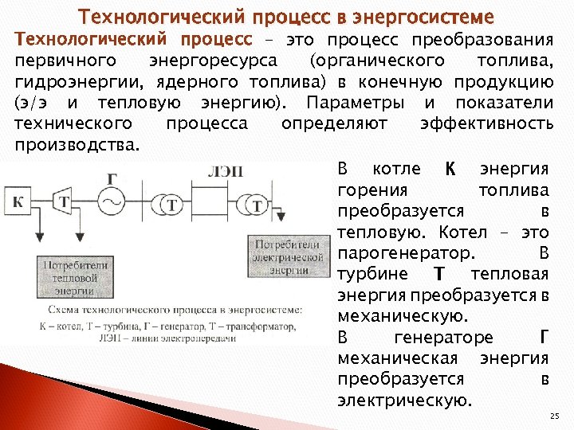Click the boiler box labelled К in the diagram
pos(20,202)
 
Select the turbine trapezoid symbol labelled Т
pos(64,202)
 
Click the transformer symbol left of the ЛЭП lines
pos(167,205)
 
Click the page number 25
pos(555,416)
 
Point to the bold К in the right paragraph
pos(450,169)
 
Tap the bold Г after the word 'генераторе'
pos(544,337)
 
